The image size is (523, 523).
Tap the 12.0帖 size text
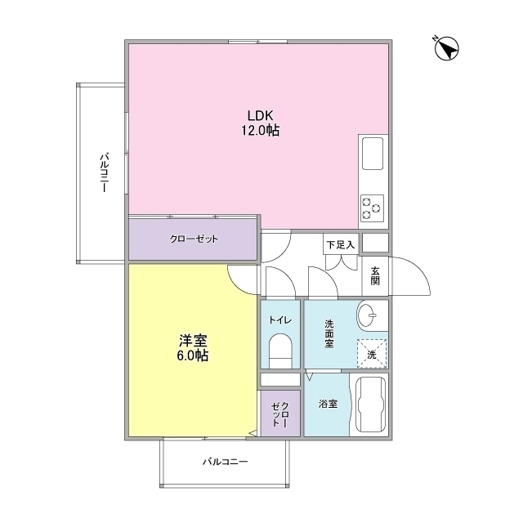click(260, 130)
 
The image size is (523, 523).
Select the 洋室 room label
click(194, 340)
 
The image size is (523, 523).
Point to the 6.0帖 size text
click(194, 355)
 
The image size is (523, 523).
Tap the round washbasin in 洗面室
click(370, 314)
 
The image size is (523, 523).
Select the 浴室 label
click(328, 405)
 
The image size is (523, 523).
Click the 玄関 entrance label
click(375, 275)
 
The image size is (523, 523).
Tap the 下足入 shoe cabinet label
click(341, 244)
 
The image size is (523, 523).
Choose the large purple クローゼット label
click(194, 239)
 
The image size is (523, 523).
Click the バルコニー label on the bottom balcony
click(225, 462)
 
